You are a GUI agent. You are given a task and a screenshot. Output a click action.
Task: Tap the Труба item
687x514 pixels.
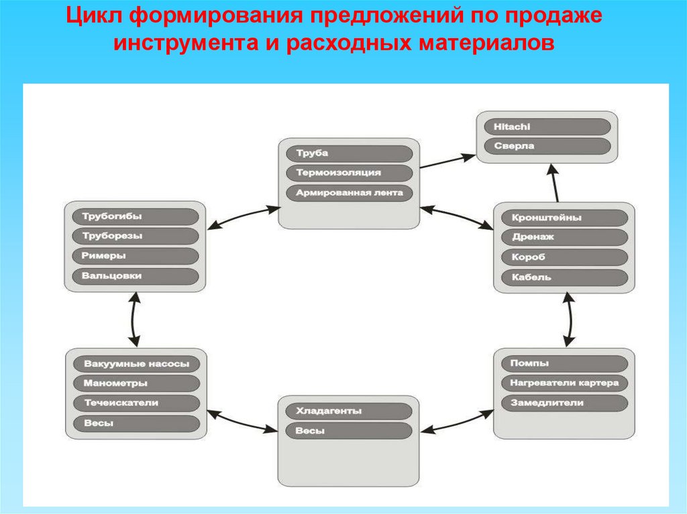click(349, 153)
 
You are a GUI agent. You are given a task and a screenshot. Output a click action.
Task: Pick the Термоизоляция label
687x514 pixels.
click(349, 173)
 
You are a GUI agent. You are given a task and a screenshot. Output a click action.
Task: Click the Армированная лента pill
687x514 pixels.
click(349, 193)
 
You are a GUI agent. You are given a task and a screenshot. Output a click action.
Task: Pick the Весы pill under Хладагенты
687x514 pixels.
click(349, 431)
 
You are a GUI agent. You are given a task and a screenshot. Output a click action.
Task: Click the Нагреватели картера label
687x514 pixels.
click(564, 383)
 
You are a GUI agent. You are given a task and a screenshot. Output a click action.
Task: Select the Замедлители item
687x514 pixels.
click(564, 403)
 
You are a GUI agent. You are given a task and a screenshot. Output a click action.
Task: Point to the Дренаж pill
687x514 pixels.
click(564, 237)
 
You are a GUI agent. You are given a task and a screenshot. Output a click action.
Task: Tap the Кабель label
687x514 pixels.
click(564, 277)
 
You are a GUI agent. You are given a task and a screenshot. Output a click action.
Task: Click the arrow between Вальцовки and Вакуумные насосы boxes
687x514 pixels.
click(134, 320)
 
